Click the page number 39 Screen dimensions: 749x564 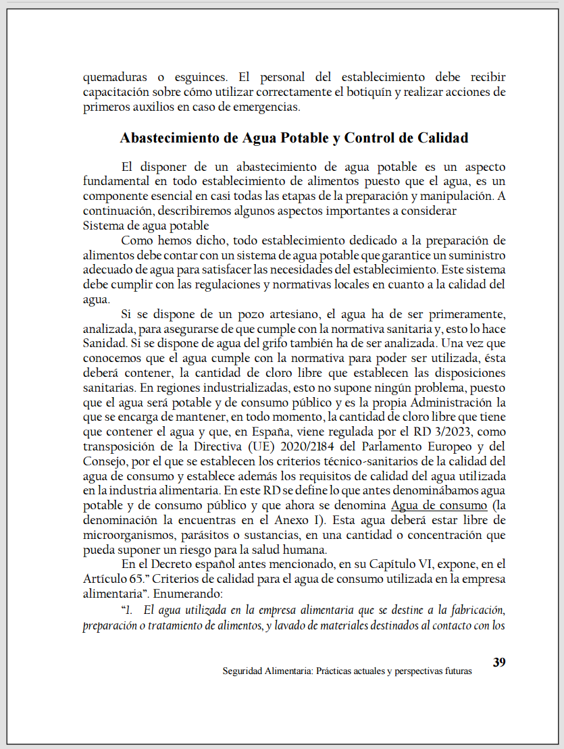tap(499, 662)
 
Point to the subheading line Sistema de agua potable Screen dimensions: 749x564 tap(146, 226)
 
